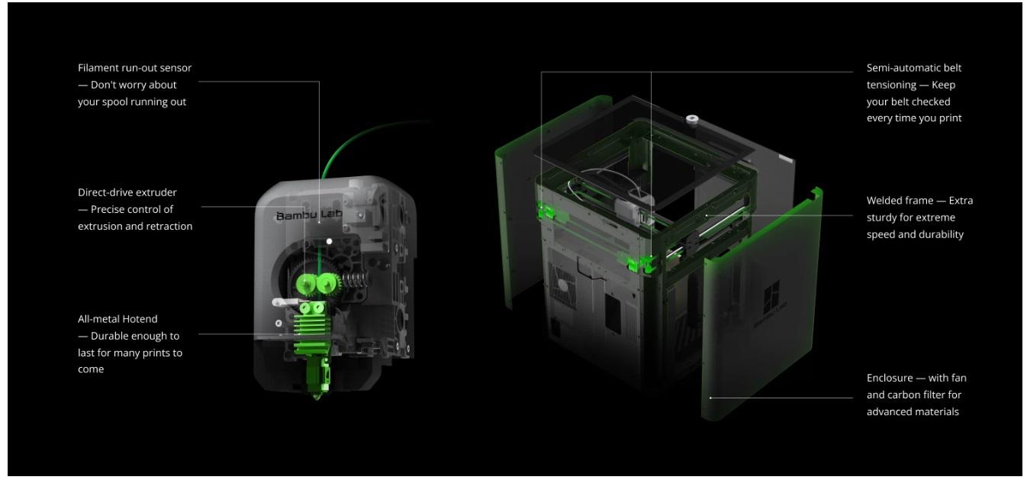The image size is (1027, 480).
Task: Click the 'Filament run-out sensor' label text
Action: click(134, 68)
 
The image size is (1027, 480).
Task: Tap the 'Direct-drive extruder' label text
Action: click(127, 192)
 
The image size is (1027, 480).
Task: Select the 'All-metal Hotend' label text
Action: click(118, 319)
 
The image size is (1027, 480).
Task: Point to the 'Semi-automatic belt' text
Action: click(914, 68)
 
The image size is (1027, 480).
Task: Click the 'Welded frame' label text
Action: click(900, 201)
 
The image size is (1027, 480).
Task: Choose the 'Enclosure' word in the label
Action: click(890, 378)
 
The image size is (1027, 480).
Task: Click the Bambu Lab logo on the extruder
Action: click(309, 215)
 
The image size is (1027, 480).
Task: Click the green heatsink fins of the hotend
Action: click(313, 328)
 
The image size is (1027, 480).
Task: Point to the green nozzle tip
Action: click(317, 395)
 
